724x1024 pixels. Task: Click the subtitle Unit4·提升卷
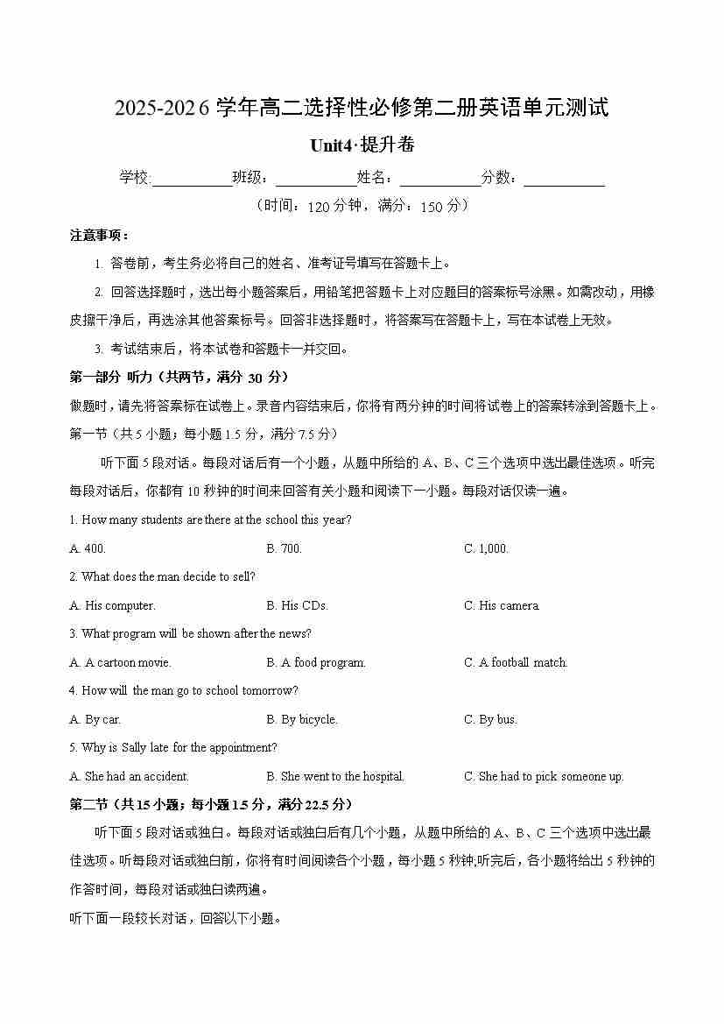[x=362, y=145]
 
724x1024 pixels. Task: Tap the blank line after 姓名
[x=440, y=179]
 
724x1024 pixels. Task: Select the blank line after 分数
[x=565, y=179]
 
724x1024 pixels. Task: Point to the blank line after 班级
[x=316, y=179]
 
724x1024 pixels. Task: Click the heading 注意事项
[x=100, y=235]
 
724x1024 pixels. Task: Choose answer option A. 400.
[x=88, y=548]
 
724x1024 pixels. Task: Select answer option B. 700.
[x=285, y=548]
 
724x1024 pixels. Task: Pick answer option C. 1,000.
[x=486, y=548]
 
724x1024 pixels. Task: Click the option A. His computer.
[x=112, y=605]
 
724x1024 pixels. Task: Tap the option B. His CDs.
[x=298, y=605]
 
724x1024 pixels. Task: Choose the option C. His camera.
[x=502, y=605]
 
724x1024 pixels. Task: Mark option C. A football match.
[x=516, y=662]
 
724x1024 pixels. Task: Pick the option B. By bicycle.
[x=302, y=719]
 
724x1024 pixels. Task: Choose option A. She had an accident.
[x=129, y=776]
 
